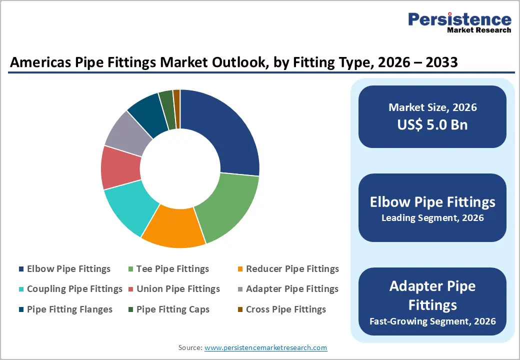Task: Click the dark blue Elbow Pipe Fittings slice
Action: pyautogui.click(x=225, y=130)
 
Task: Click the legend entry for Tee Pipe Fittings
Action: pyautogui.click(x=172, y=269)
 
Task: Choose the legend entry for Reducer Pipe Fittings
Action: pyautogui.click(x=292, y=269)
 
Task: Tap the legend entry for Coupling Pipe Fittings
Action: pyautogui.click(x=74, y=289)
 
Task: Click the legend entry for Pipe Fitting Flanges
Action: pyautogui.click(x=69, y=309)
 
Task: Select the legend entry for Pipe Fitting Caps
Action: pyautogui.click(x=172, y=309)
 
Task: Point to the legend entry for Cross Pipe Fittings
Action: pyautogui.click(x=285, y=309)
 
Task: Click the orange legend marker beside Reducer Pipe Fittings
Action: pyautogui.click(x=240, y=269)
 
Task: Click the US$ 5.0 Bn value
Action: pyautogui.click(x=432, y=124)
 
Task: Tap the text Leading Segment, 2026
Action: pyautogui.click(x=432, y=218)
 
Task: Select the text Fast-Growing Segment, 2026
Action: pyautogui.click(x=432, y=321)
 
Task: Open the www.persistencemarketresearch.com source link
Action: pyautogui.click(x=265, y=347)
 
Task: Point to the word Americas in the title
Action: pyautogui.click(x=38, y=62)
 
